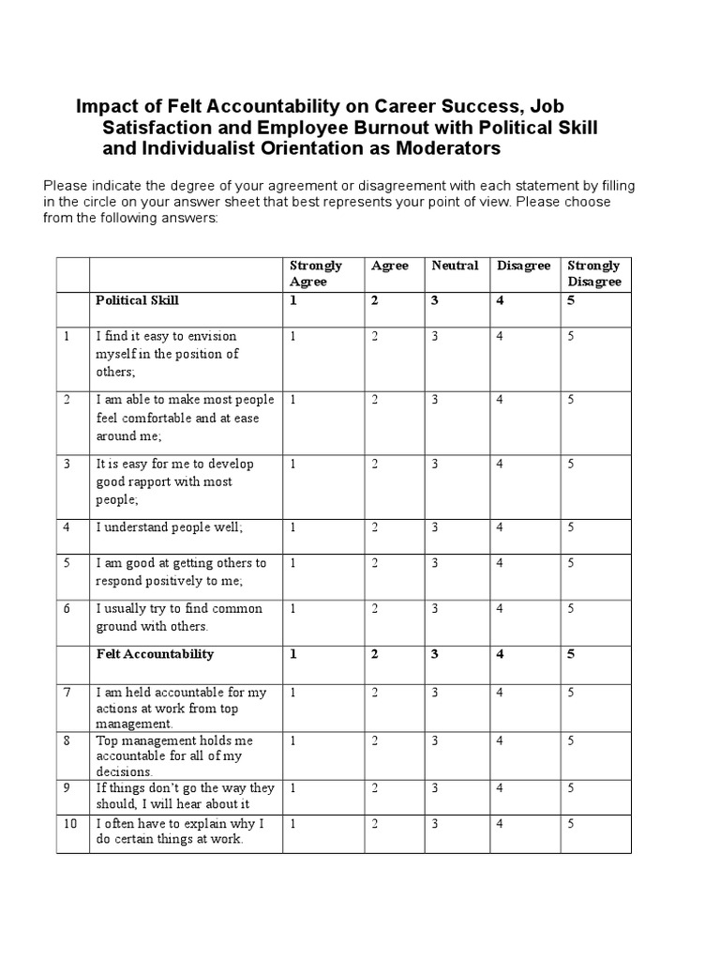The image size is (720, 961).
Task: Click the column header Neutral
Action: pos(455,266)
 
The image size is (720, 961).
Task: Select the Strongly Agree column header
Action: pos(316,273)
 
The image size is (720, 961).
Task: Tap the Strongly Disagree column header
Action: pos(593,273)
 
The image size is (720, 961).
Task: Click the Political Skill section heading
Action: pos(137,300)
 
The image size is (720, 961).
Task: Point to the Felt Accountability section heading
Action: pos(155,654)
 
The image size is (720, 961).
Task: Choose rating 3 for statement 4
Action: pos(435,527)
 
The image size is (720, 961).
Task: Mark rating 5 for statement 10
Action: pos(570,824)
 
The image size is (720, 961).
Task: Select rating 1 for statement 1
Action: pos(293,337)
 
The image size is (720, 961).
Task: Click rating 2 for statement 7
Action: pos(375,693)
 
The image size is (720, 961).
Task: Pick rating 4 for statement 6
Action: pos(501,609)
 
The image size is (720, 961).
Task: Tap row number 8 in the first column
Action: pos(67,740)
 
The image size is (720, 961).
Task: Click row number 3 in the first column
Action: pos(67,464)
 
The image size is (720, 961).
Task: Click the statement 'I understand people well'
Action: pos(169,527)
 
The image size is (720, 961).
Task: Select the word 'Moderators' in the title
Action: pos(441,148)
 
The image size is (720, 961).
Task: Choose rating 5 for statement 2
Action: pos(570,400)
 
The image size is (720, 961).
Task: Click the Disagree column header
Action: pos(523,266)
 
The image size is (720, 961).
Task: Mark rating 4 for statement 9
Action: pos(501,788)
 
